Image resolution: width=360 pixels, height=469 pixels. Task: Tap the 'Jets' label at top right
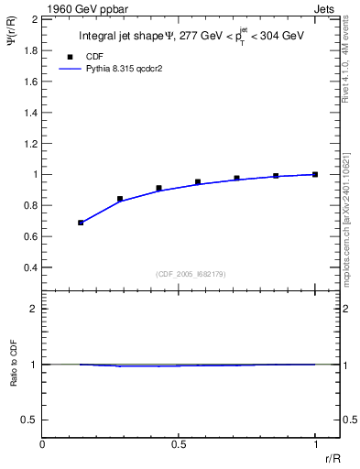325,8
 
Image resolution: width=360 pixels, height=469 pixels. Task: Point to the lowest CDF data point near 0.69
81,223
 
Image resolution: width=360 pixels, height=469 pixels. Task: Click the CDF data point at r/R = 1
315,174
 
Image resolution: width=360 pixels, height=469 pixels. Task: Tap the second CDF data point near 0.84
120,199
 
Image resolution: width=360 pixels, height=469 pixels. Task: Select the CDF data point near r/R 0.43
158,188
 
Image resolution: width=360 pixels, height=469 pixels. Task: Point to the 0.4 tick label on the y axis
31,267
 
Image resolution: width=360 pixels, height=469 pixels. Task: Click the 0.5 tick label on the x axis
179,445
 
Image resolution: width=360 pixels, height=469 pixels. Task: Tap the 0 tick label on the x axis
43,445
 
